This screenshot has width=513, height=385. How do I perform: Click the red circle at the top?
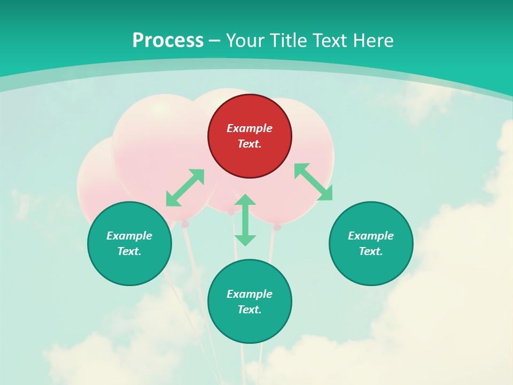pyautogui.click(x=250, y=136)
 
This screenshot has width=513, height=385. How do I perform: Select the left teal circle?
pyautogui.click(x=129, y=243)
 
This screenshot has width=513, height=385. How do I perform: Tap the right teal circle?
pyautogui.click(x=371, y=243)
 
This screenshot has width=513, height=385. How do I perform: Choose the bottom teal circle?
pyautogui.click(x=250, y=301)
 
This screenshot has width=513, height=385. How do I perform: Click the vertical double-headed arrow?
pyautogui.click(x=245, y=220)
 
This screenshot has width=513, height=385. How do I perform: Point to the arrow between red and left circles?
pyautogui.click(x=185, y=188)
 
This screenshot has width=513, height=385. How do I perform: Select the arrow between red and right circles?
pyautogui.click(x=313, y=182)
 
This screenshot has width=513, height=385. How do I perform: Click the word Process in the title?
pyautogui.click(x=168, y=40)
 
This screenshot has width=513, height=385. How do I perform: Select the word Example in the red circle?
pyautogui.click(x=250, y=128)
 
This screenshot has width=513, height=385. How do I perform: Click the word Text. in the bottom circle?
pyautogui.click(x=250, y=310)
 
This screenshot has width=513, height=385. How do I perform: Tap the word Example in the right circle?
pyautogui.click(x=371, y=236)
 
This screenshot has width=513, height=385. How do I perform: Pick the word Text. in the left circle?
pyautogui.click(x=129, y=251)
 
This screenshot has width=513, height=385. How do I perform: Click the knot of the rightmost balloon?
pyautogui.click(x=277, y=227)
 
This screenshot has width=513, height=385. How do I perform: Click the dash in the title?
pyautogui.click(x=215, y=40)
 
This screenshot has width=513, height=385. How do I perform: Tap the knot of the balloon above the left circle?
pyautogui.click(x=185, y=224)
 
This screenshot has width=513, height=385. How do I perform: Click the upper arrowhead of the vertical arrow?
pyautogui.click(x=245, y=201)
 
